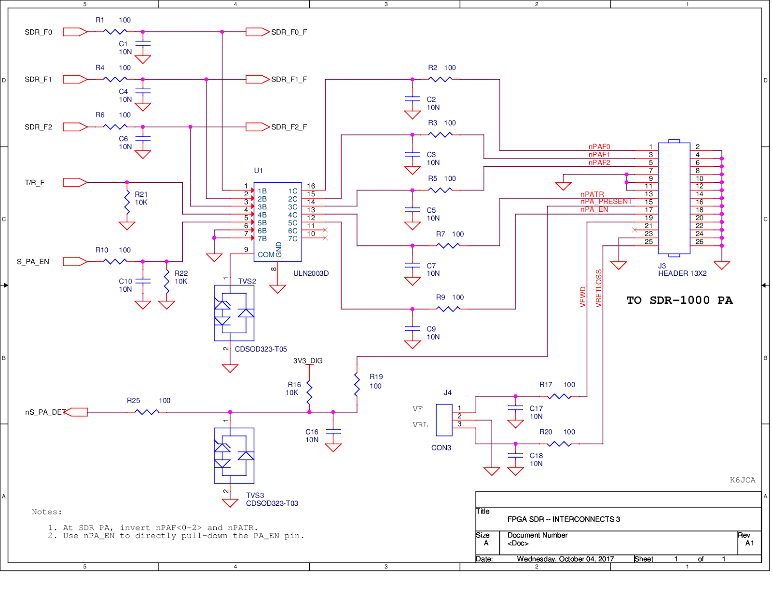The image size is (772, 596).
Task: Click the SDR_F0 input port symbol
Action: pyautogui.click(x=75, y=32)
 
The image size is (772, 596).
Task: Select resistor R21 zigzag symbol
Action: pyautogui.click(x=127, y=202)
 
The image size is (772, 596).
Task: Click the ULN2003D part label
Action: pyautogui.click(x=311, y=273)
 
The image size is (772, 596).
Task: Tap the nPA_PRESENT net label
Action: pyautogui.click(x=606, y=202)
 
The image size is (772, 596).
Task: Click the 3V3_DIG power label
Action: pyautogui.click(x=308, y=361)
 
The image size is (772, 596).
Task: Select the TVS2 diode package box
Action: pyautogui.click(x=234, y=313)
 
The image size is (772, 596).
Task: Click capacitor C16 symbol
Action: pyautogui.click(x=333, y=432)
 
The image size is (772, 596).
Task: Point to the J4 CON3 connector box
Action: pyautogui.click(x=444, y=420)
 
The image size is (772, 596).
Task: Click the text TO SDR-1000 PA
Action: pyautogui.click(x=679, y=300)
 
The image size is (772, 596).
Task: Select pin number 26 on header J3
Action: pyautogui.click(x=699, y=242)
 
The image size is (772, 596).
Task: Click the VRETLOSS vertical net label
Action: pyautogui.click(x=599, y=288)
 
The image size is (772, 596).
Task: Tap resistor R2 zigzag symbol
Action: pyautogui.click(x=440, y=79)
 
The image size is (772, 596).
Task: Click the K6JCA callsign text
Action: pyautogui.click(x=742, y=480)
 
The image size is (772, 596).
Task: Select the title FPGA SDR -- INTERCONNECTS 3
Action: pyautogui.click(x=564, y=519)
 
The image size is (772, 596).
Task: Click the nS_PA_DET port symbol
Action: pyautogui.click(x=76, y=412)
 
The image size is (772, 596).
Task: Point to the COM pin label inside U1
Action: pyautogui.click(x=266, y=255)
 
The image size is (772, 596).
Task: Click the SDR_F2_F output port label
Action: pyautogui.click(x=289, y=127)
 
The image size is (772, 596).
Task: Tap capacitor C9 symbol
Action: pyautogui.click(x=413, y=328)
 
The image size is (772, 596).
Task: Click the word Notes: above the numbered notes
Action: pyautogui.click(x=47, y=512)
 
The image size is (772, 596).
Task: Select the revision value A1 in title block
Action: pyautogui.click(x=749, y=543)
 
